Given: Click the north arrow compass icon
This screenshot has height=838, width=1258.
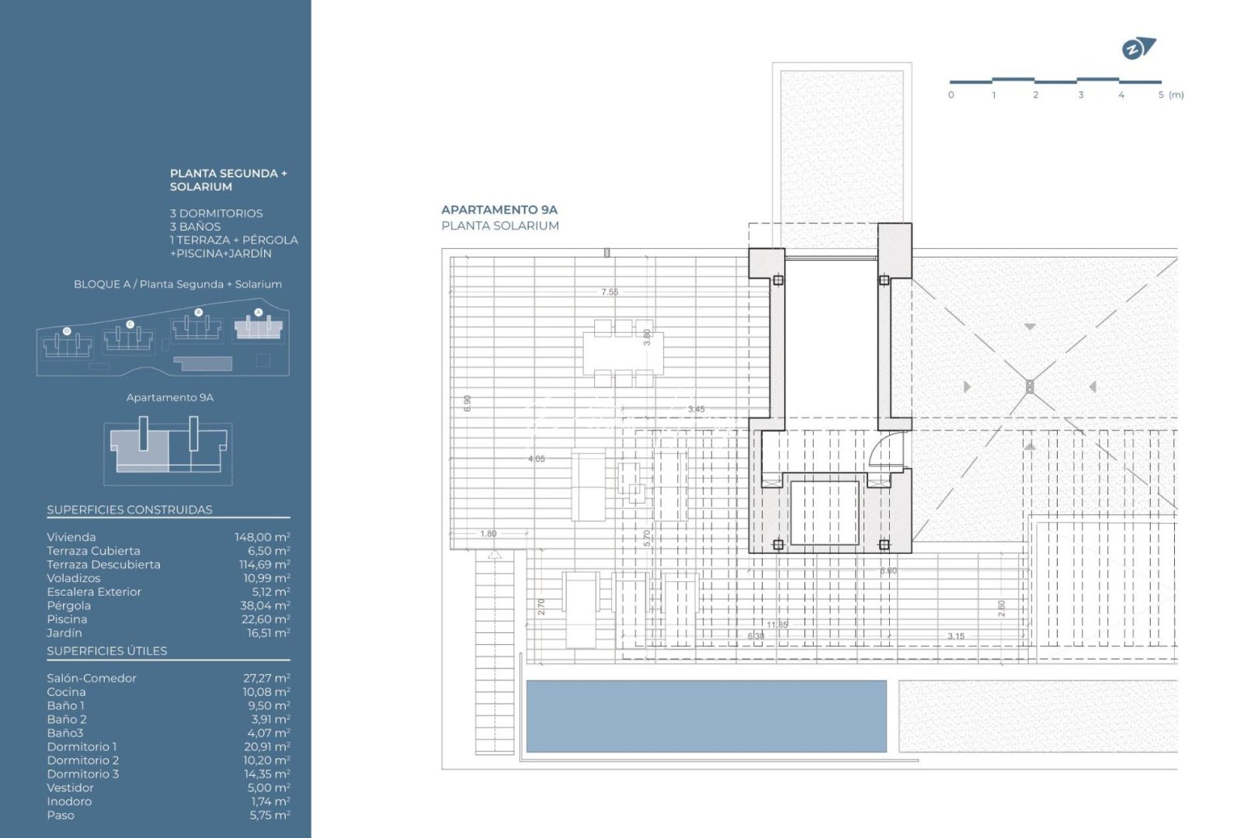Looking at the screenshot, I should (x=1137, y=49).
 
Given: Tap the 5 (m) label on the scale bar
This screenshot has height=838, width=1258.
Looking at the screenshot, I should (x=1170, y=95).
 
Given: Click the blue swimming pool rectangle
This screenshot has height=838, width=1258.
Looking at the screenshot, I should (x=706, y=716).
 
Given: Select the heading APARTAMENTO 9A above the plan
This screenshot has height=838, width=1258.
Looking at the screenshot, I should (x=499, y=209).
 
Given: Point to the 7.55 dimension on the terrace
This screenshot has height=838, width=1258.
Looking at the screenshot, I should (x=610, y=293).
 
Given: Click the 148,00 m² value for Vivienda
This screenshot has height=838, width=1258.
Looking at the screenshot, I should (x=262, y=537).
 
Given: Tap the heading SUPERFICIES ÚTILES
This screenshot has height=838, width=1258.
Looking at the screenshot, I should (x=107, y=651).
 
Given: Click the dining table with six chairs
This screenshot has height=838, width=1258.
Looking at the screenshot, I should (x=624, y=353).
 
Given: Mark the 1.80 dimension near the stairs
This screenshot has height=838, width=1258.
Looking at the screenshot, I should (x=488, y=534).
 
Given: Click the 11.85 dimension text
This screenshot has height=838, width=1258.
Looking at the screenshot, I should (x=777, y=625).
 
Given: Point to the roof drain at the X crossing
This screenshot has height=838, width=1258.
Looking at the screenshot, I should (x=1030, y=386).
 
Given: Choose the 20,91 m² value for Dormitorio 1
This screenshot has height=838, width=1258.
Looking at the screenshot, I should (x=266, y=746).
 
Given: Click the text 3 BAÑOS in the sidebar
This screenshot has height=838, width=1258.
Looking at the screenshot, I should (x=195, y=227).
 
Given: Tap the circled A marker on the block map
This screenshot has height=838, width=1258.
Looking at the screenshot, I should (x=259, y=313).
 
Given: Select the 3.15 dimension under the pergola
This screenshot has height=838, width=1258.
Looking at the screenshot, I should (x=955, y=636).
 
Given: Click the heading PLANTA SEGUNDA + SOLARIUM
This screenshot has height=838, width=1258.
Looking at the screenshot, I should (x=228, y=180).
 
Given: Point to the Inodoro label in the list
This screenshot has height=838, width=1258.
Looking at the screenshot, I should (x=69, y=802).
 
